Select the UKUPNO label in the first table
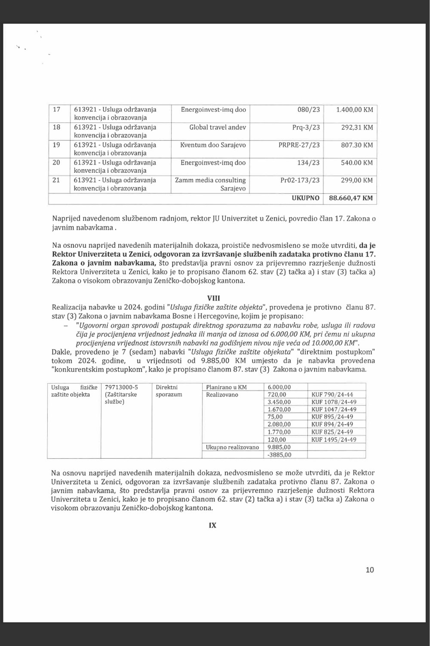306,198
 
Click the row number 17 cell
56,109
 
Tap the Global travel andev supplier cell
218,127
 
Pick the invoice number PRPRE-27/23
299,145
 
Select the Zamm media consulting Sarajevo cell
210,184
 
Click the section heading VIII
213,298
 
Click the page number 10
369,570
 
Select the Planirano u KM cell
226,387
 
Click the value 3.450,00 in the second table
279,402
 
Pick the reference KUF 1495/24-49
332,440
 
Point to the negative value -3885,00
279,455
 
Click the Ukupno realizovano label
233,447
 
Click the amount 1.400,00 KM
355,109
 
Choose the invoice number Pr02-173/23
300,180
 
